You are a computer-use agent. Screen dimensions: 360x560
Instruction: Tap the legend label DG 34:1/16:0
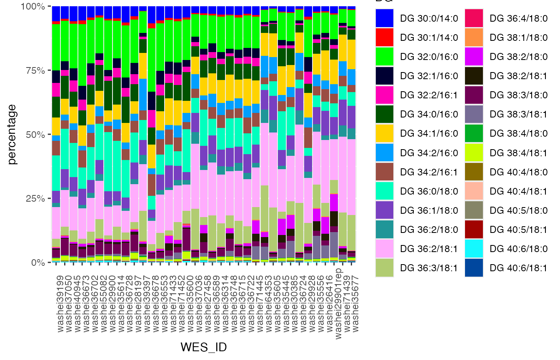pos(429,133)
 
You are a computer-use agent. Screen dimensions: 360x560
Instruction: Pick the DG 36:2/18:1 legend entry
pos(429,249)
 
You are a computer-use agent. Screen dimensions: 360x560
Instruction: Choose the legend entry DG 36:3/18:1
pos(429,268)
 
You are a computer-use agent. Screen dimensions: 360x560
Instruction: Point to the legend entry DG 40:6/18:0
pos(519,249)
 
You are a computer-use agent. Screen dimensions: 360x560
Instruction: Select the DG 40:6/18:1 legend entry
pos(519,268)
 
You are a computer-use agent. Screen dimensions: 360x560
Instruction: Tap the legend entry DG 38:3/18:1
pos(519,114)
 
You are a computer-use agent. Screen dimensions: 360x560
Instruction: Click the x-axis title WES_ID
pos(204,347)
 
